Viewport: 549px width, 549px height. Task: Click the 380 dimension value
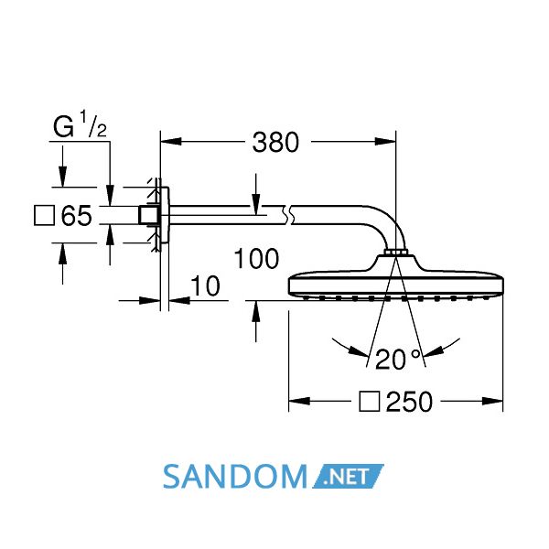point(275,143)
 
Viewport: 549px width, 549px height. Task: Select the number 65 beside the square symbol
point(76,215)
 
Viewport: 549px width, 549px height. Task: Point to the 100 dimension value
point(256,259)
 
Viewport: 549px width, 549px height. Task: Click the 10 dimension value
point(205,286)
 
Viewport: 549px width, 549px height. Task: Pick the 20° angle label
point(397,360)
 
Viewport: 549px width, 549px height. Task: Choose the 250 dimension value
point(409,402)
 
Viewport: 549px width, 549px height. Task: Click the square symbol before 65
point(44,215)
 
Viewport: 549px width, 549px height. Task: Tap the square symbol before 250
point(370,402)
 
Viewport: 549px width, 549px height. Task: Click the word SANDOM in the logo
point(235,477)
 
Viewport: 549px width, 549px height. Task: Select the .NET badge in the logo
point(348,476)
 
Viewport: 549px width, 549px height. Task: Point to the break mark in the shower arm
point(288,215)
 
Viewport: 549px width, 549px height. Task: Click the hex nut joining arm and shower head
point(395,253)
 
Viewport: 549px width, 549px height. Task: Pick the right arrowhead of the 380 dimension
point(385,142)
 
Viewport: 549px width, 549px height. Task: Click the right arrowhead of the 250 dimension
point(492,402)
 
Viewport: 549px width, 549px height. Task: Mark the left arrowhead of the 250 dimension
point(299,402)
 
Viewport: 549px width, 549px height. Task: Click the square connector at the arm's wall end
point(145,215)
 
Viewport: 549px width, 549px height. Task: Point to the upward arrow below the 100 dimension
point(256,321)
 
